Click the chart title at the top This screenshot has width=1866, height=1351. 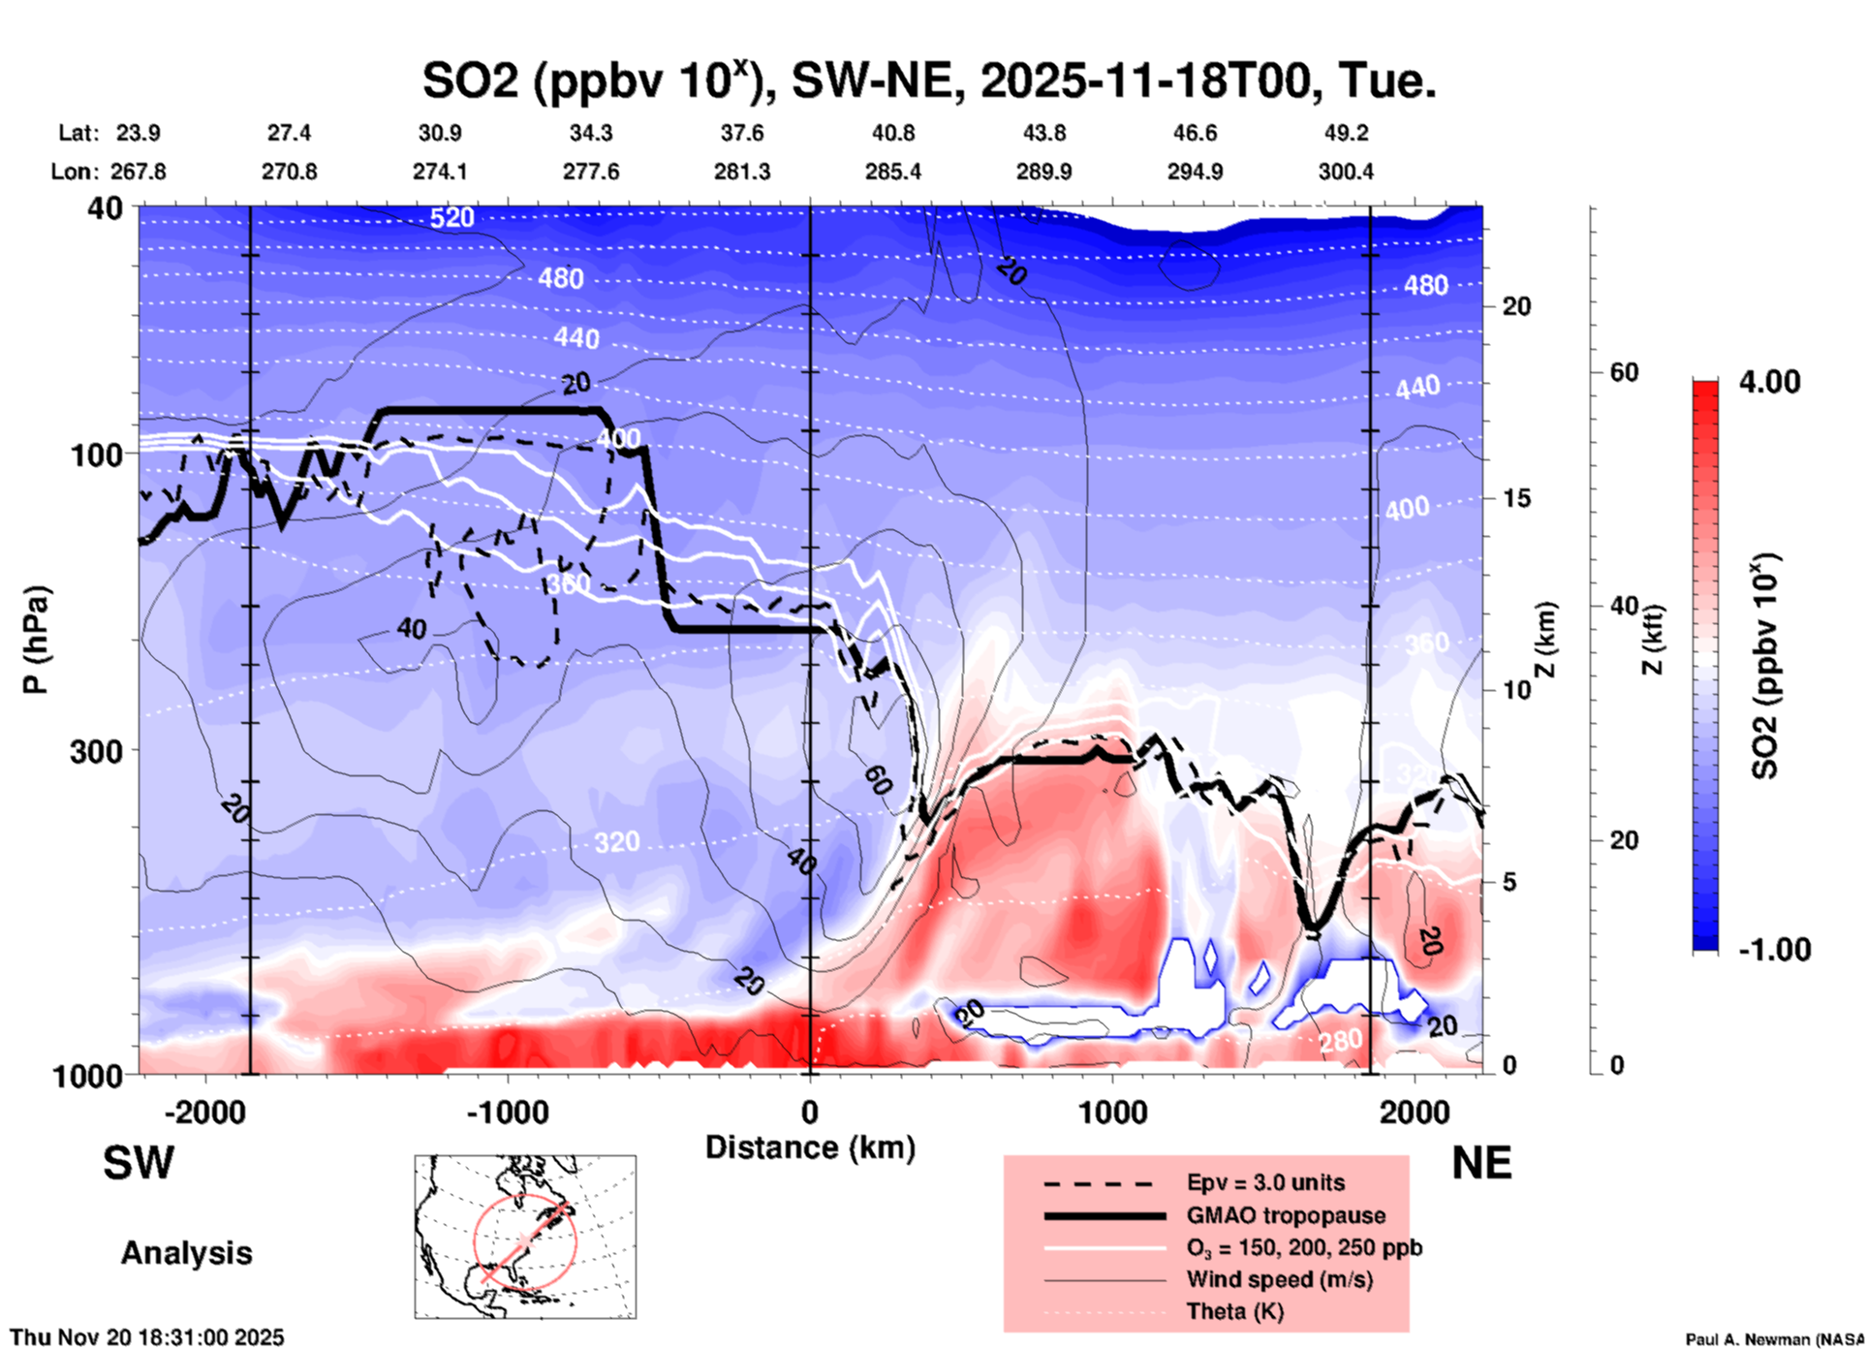click(928, 81)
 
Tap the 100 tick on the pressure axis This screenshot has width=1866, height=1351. click(97, 454)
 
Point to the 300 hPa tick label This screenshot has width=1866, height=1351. click(97, 751)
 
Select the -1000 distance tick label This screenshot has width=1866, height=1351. click(507, 1113)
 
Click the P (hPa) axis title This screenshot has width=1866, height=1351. click(36, 640)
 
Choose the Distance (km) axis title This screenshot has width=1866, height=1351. click(810, 1147)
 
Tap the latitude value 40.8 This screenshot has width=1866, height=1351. click(892, 133)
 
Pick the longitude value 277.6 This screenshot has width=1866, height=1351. click(591, 172)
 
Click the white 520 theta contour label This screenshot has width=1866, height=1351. click(452, 217)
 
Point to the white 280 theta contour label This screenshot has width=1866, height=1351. click(1340, 1042)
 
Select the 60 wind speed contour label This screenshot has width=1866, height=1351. click(877, 780)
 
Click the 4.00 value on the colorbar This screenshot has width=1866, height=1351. click(1769, 382)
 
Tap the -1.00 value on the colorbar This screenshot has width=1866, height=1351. click(1774, 950)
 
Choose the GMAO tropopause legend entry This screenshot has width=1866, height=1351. click(1286, 1215)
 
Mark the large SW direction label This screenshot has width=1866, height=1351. click(139, 1163)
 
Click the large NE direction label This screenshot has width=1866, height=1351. click(1481, 1163)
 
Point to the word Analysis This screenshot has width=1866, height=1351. click(186, 1253)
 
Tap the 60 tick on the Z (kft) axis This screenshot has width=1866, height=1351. click(1624, 372)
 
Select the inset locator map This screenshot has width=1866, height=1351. click(525, 1237)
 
